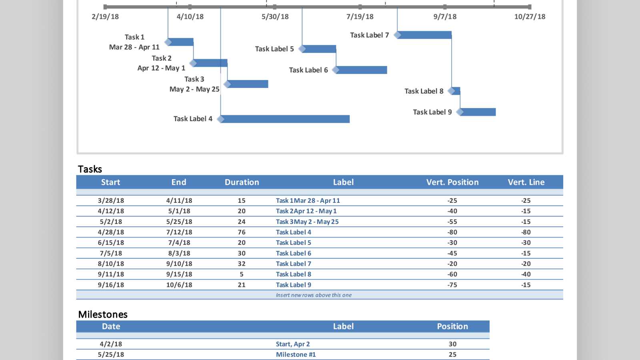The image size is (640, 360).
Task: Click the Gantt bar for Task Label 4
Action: [x=285, y=119]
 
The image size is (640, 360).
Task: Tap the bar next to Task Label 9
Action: [x=478, y=112]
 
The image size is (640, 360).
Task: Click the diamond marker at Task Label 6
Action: [x=336, y=70]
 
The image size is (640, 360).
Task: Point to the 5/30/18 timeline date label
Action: [x=275, y=17]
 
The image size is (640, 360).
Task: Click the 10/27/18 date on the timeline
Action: [x=530, y=17]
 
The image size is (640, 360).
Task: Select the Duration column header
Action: [x=242, y=182]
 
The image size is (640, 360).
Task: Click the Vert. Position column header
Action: [x=452, y=182]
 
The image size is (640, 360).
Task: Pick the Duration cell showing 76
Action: [x=242, y=232]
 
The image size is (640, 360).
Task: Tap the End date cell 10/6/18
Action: [x=179, y=285]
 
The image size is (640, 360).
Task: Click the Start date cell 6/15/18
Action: [x=111, y=242]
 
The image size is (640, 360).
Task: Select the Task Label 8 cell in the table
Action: [x=293, y=274]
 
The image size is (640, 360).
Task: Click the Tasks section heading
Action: [x=90, y=169]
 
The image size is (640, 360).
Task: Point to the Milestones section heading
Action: [x=103, y=314]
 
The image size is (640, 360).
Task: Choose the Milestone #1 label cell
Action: [x=296, y=354]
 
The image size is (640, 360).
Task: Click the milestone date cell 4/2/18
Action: [x=111, y=344]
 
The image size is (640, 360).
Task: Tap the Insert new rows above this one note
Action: [x=314, y=295]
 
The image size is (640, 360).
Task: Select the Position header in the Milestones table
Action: [x=452, y=326]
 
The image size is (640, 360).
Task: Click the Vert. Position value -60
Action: [x=452, y=274]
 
